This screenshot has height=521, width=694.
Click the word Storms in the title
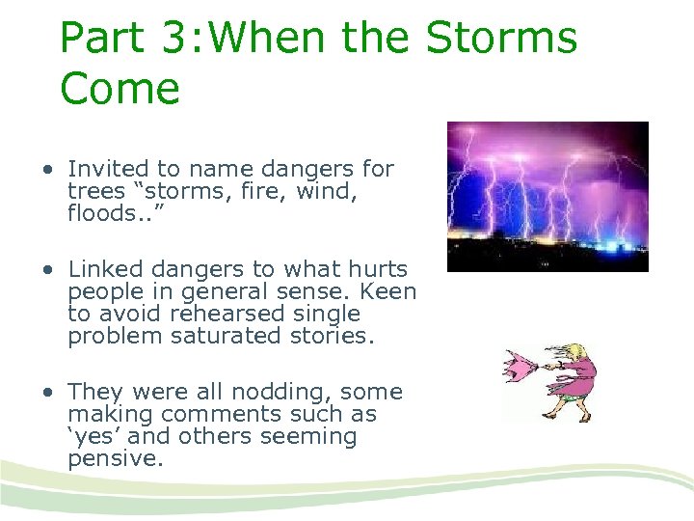(501, 39)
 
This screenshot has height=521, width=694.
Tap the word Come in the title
(120, 89)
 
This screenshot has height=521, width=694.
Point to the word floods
(96, 213)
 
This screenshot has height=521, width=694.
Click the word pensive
(114, 458)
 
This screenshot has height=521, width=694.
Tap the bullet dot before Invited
(46, 170)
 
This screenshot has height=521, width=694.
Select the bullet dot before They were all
(46, 393)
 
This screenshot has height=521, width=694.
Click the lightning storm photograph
(547, 196)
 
